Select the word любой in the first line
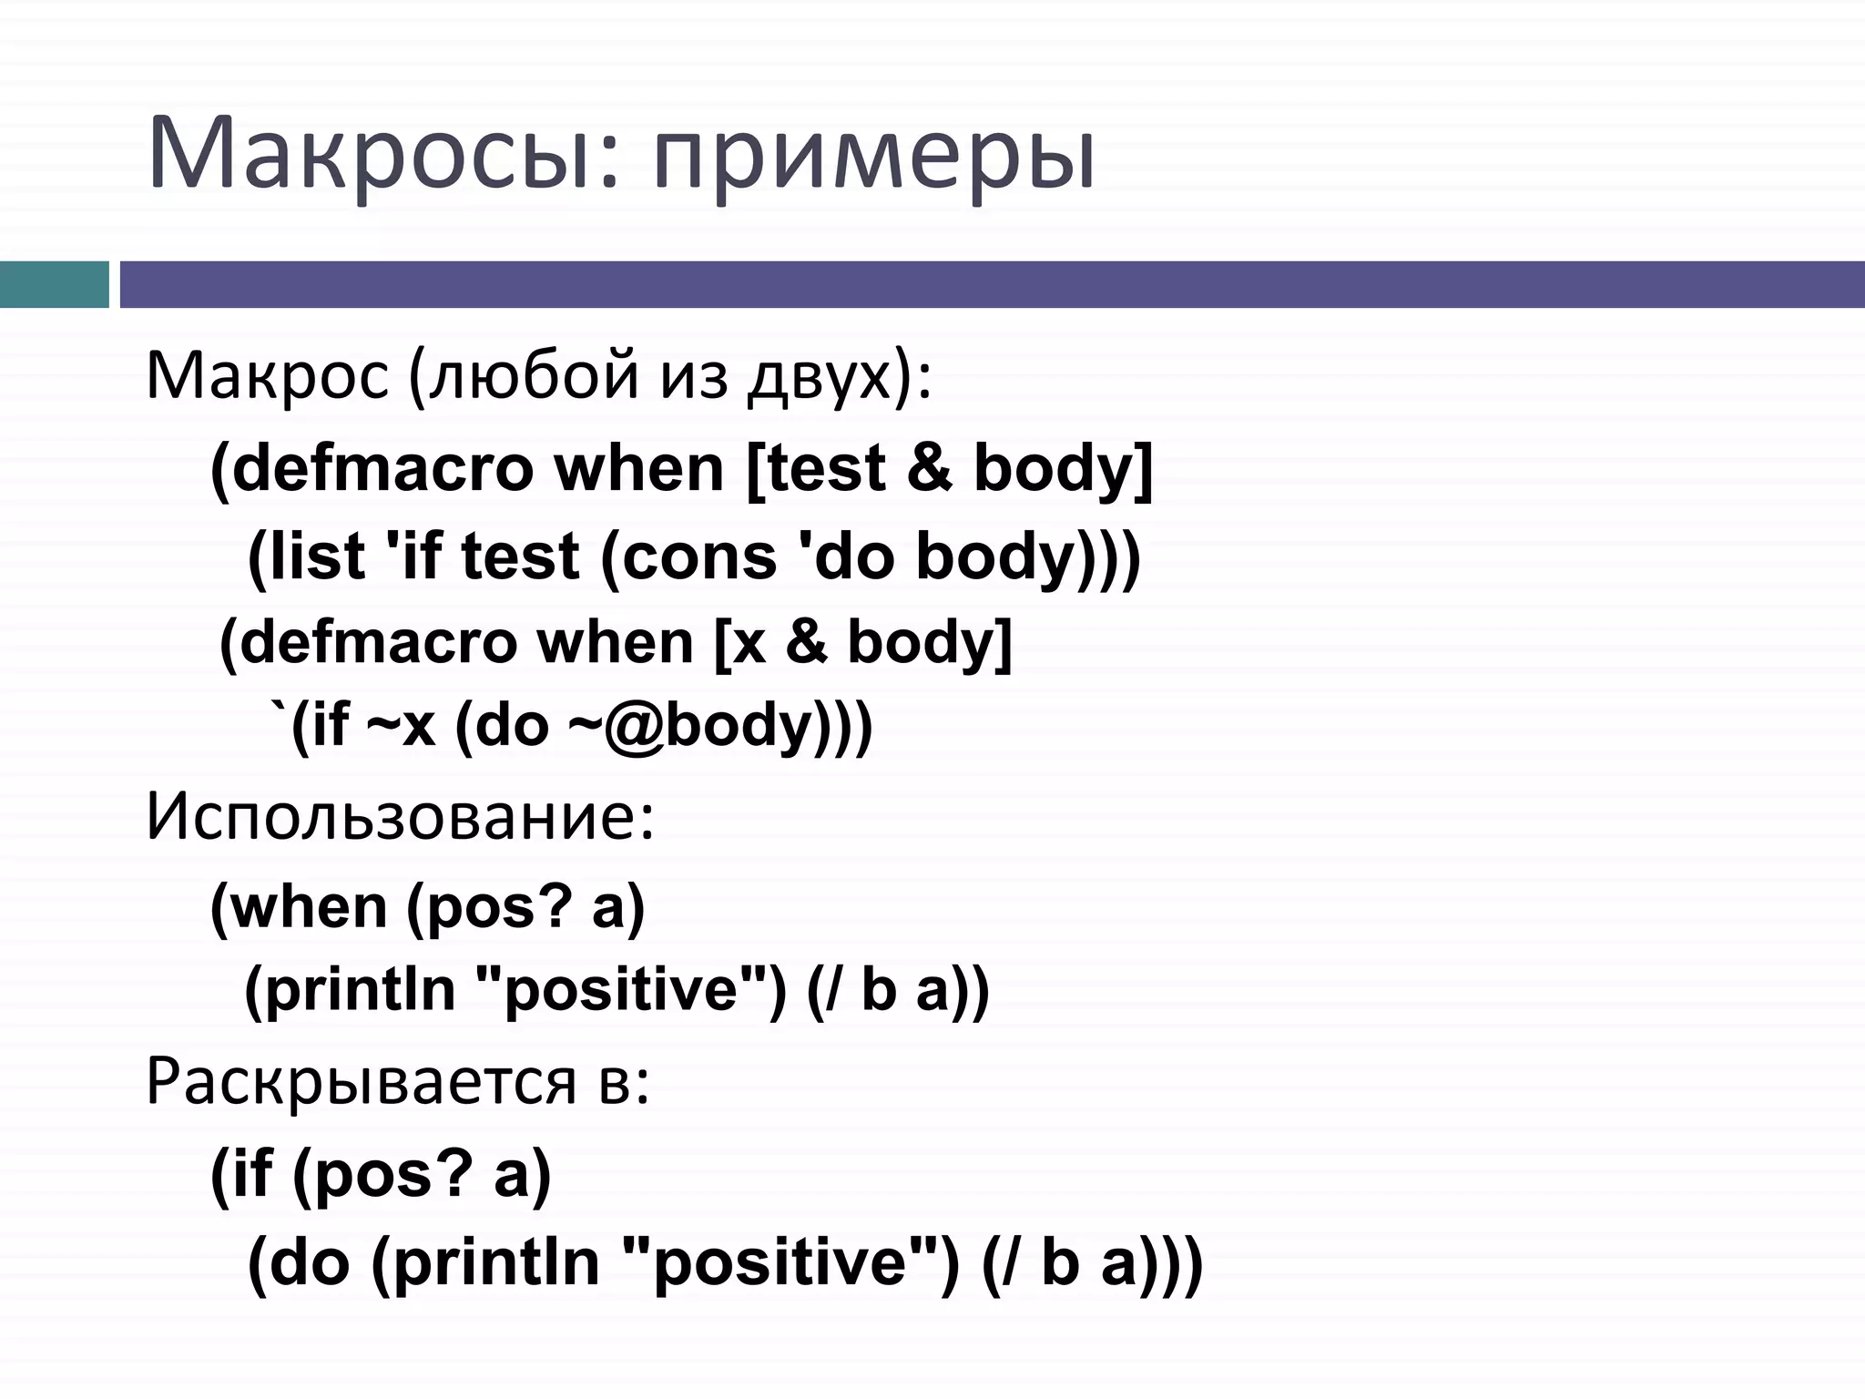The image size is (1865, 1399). tap(533, 375)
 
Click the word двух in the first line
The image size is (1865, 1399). tap(820, 375)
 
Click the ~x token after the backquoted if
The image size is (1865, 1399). tap(401, 726)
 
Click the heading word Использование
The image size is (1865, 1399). tap(399, 817)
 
